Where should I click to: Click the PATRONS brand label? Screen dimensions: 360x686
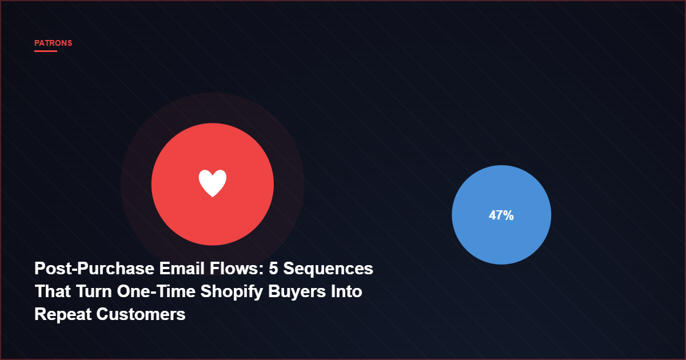(53, 43)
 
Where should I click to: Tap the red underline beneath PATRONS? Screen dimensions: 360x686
(46, 51)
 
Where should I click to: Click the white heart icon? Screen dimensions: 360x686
(213, 183)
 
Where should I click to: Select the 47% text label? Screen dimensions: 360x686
(501, 215)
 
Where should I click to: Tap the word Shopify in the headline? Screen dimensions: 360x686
(226, 292)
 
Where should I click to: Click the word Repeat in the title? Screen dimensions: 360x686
(63, 314)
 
